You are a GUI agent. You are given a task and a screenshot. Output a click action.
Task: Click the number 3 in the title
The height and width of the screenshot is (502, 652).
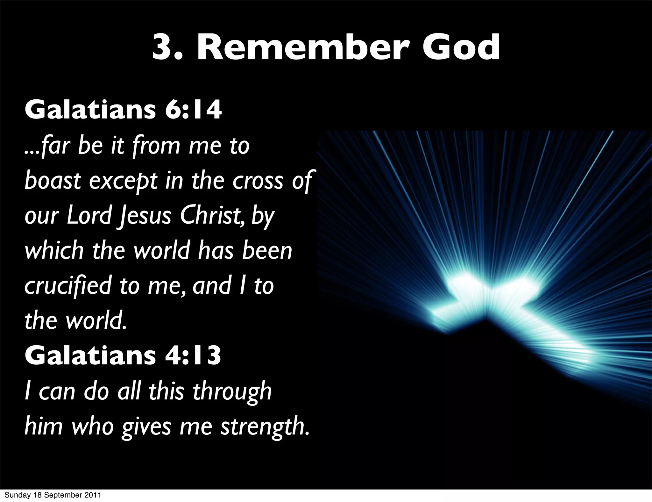click(x=162, y=48)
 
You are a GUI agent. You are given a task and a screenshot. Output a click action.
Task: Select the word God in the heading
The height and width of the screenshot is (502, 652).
click(x=462, y=48)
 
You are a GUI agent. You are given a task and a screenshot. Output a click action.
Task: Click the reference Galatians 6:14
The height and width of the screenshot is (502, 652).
click(x=123, y=110)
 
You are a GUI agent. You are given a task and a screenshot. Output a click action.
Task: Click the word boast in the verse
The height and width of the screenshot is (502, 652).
click(x=53, y=180)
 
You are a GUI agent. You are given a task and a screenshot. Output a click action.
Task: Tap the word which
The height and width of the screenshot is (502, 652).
click(x=54, y=250)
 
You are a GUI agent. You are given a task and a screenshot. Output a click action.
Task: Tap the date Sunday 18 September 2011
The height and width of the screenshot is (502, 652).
click(x=53, y=495)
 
